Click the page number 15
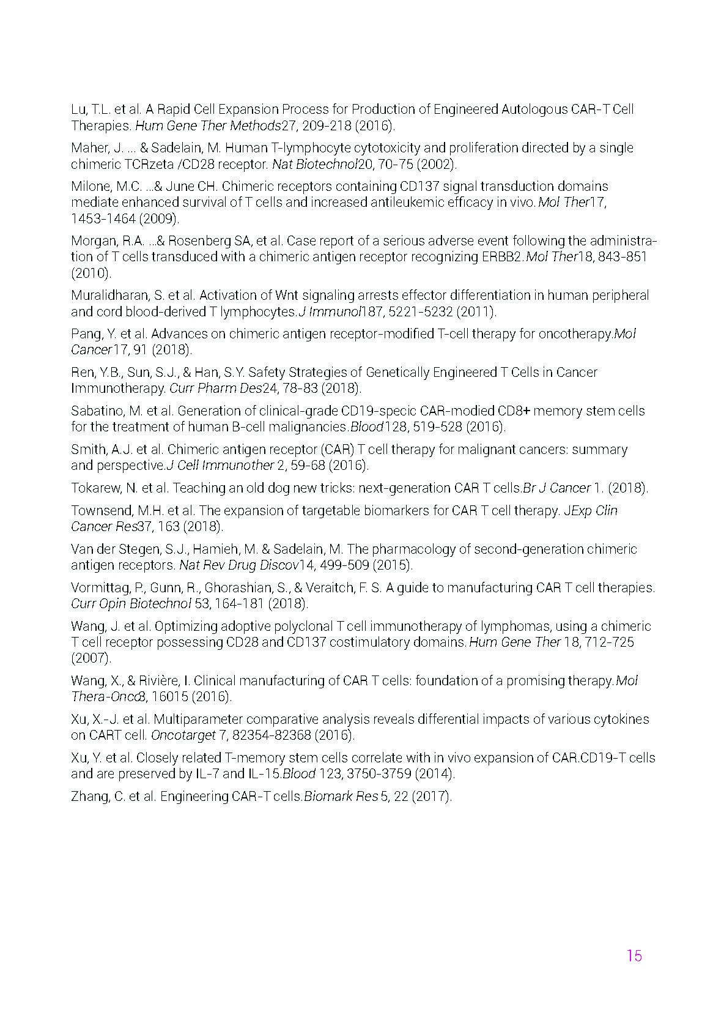(x=634, y=956)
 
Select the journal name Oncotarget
(x=183, y=735)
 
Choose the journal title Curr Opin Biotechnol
(x=131, y=604)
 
